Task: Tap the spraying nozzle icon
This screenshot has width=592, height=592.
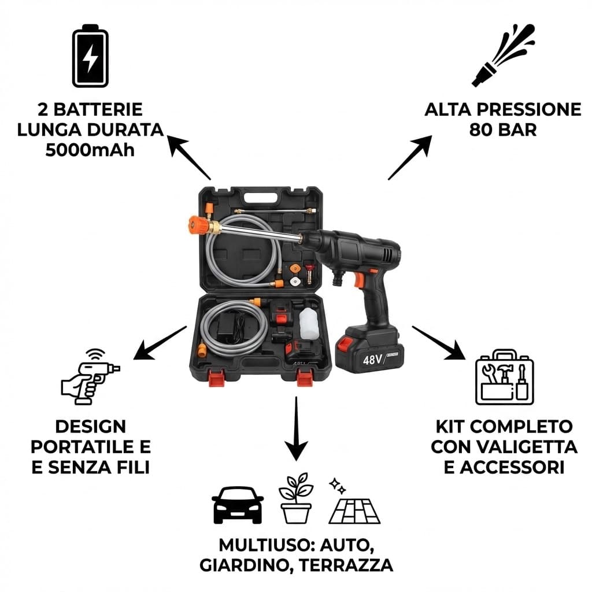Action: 502,55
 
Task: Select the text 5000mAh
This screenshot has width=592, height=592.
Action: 90,149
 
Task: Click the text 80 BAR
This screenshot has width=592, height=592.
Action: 502,129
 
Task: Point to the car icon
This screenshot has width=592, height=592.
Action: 238,504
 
